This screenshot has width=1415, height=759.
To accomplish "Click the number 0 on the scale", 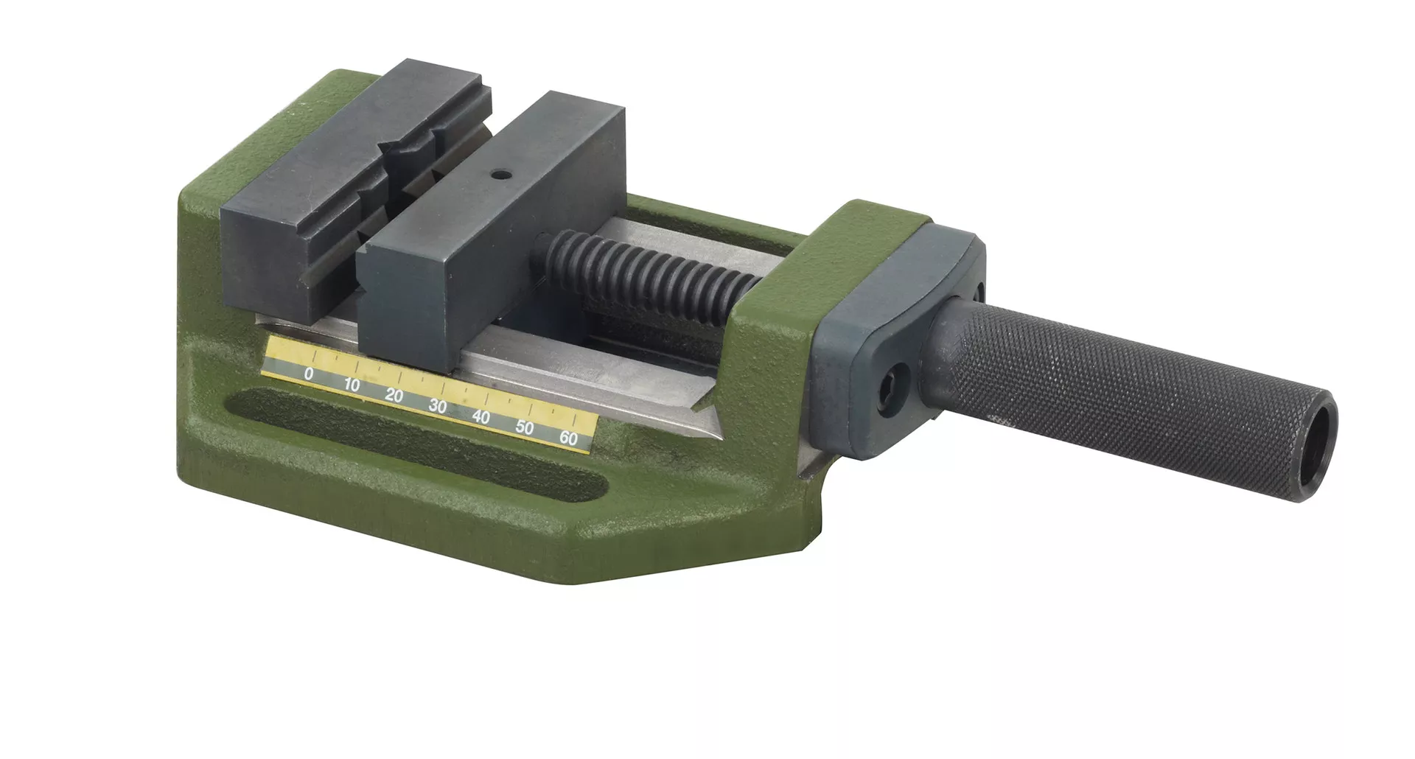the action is (309, 374).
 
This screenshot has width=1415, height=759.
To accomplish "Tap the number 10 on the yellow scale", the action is (352, 385).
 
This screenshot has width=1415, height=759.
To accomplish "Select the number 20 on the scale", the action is (394, 396).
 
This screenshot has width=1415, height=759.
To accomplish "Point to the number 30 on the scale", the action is (438, 406).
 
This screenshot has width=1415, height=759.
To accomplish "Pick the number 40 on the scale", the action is (481, 416).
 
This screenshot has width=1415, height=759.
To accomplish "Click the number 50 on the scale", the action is (525, 427).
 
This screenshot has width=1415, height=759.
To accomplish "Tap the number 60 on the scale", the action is (568, 437).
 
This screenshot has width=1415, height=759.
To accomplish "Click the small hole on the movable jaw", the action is (500, 175).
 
